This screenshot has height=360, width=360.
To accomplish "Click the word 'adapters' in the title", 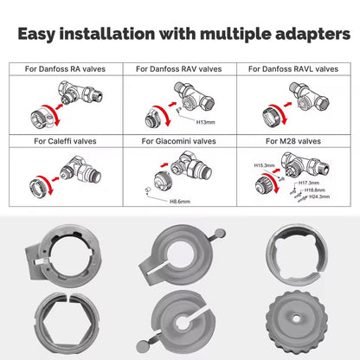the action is [x=312, y=35].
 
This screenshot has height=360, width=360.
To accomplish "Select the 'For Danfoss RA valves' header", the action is [x=65, y=69].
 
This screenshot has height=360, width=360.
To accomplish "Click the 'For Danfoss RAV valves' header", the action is [x=179, y=69].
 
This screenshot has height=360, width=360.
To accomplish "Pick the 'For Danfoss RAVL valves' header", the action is [x=293, y=69].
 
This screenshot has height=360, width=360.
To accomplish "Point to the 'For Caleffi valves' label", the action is [x=65, y=141].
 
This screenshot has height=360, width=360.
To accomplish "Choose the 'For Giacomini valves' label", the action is [x=179, y=141].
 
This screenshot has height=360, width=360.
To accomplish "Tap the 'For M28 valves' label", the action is [x=293, y=141].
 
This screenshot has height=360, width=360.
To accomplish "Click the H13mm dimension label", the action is [x=206, y=122].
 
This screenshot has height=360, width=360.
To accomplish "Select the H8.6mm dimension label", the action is [x=180, y=202].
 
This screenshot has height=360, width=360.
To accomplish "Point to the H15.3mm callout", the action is [x=264, y=165].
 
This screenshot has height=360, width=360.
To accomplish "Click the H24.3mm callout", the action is [x=319, y=196].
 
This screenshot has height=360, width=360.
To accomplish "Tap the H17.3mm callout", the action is [x=309, y=183].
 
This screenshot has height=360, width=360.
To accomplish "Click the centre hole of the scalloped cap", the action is [x=296, y=318].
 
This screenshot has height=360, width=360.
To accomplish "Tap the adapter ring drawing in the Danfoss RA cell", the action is [x=42, y=119].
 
